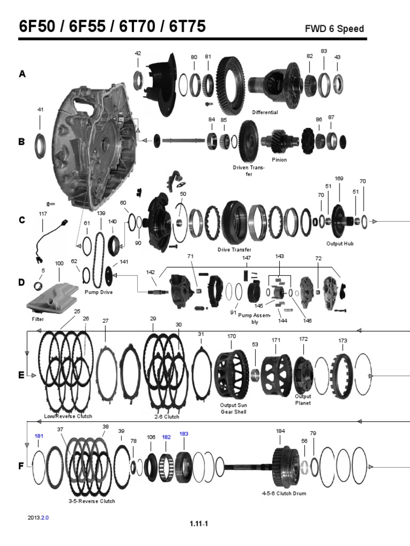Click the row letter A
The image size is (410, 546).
coord(22,75)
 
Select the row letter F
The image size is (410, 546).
coord(22,465)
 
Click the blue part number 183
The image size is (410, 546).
coord(184,433)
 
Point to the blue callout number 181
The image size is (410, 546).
coord(40,436)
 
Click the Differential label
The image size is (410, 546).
coord(265,113)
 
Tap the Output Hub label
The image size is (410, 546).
coord(340,243)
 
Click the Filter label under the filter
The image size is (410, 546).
coord(37,319)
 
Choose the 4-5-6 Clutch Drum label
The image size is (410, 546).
coord(284,493)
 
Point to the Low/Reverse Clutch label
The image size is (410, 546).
coord(68,416)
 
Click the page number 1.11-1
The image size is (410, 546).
coord(199,523)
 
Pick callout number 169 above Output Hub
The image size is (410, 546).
coord(338,178)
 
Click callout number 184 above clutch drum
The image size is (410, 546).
coord(280,430)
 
